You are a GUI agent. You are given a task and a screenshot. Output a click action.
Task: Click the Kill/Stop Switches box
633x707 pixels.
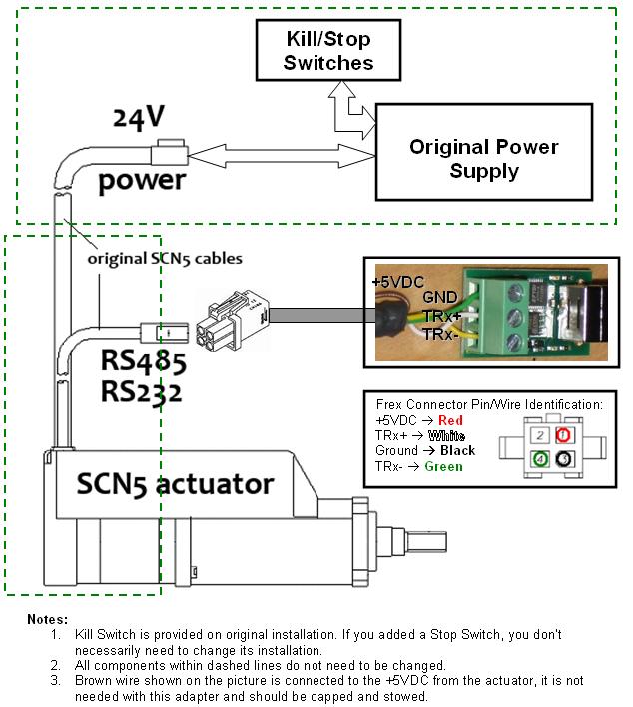pyautogui.click(x=327, y=51)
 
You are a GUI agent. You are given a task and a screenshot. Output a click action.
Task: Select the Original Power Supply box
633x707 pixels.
pyautogui.click(x=483, y=159)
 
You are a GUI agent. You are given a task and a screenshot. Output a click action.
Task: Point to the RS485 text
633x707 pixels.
pyautogui.click(x=143, y=359)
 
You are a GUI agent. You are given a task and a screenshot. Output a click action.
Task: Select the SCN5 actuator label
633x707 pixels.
pyautogui.click(x=175, y=484)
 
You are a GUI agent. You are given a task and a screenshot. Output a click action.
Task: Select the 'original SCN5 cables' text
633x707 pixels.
pyautogui.click(x=165, y=258)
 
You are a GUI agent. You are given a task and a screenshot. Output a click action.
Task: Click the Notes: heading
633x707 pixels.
pyautogui.click(x=48, y=619)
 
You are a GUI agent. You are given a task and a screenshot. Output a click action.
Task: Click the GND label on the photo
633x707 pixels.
pyautogui.click(x=438, y=298)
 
